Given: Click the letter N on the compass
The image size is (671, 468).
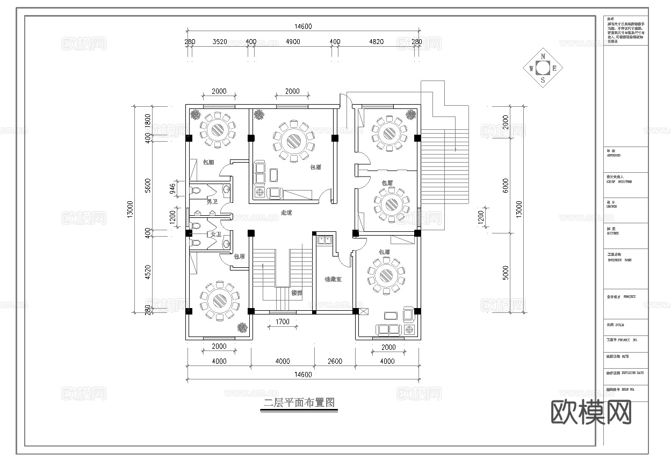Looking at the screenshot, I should tap(543, 56).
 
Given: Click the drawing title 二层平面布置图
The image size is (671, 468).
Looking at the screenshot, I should tap(299, 403).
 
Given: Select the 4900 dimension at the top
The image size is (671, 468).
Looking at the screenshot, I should tap(293, 42).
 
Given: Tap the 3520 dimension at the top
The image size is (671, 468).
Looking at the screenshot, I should tap(220, 42).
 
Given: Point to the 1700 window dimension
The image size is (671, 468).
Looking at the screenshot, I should tap(283, 322).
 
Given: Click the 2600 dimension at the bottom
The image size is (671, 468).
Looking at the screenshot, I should tap(334, 361).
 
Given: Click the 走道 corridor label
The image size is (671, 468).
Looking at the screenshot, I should tap(286, 213).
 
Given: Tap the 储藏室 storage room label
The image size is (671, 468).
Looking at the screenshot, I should tap(333, 279).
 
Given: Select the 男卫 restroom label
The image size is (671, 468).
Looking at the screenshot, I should tap(212, 202).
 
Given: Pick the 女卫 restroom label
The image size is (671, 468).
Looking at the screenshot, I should tap(216, 235).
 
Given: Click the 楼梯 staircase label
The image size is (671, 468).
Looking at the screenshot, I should tap(297, 293).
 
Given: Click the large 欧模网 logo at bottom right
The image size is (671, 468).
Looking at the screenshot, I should tap(591, 412).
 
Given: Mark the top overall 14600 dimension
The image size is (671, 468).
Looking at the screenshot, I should tap(302, 26).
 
